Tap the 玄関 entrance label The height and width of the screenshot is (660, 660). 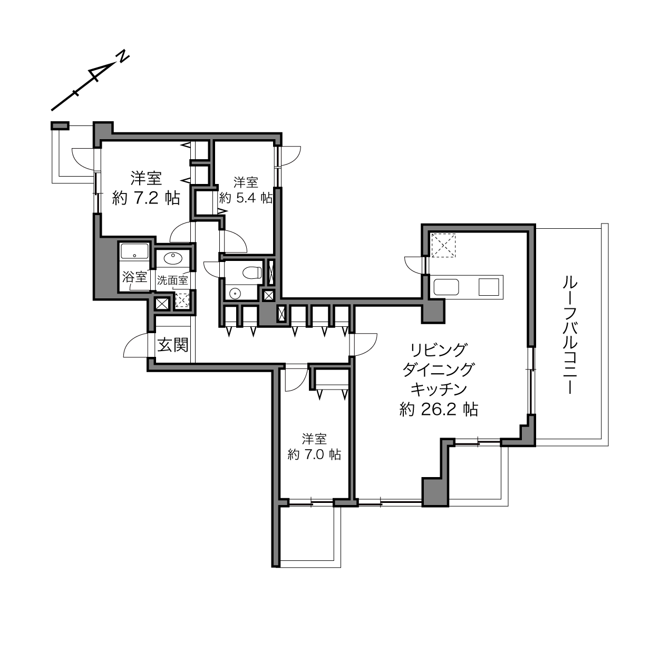tap(172, 345)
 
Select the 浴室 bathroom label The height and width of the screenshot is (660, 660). tap(134, 277)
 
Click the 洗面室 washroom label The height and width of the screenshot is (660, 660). tap(172, 280)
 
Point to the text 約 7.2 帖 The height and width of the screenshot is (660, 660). tap(146, 198)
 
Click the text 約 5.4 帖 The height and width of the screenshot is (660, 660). tap(246, 198)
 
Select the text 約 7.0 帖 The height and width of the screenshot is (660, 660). tap(314, 454)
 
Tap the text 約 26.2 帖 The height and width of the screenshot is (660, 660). tap(439, 409)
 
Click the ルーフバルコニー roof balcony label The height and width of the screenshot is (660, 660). tap(570, 335)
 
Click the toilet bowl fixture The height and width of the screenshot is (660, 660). tap(251, 273)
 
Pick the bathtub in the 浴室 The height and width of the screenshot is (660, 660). tap(134, 251)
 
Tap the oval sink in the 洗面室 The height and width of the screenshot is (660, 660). tap(173, 259)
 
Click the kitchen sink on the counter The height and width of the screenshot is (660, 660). tap(446, 287)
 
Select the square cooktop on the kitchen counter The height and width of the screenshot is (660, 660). tap(489, 287)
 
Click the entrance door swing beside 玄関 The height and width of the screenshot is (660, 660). tap(136, 345)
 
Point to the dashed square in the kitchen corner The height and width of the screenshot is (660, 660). tap(443, 245)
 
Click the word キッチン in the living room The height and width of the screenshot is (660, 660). tap(439, 389)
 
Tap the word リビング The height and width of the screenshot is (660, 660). tap(439, 350)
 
